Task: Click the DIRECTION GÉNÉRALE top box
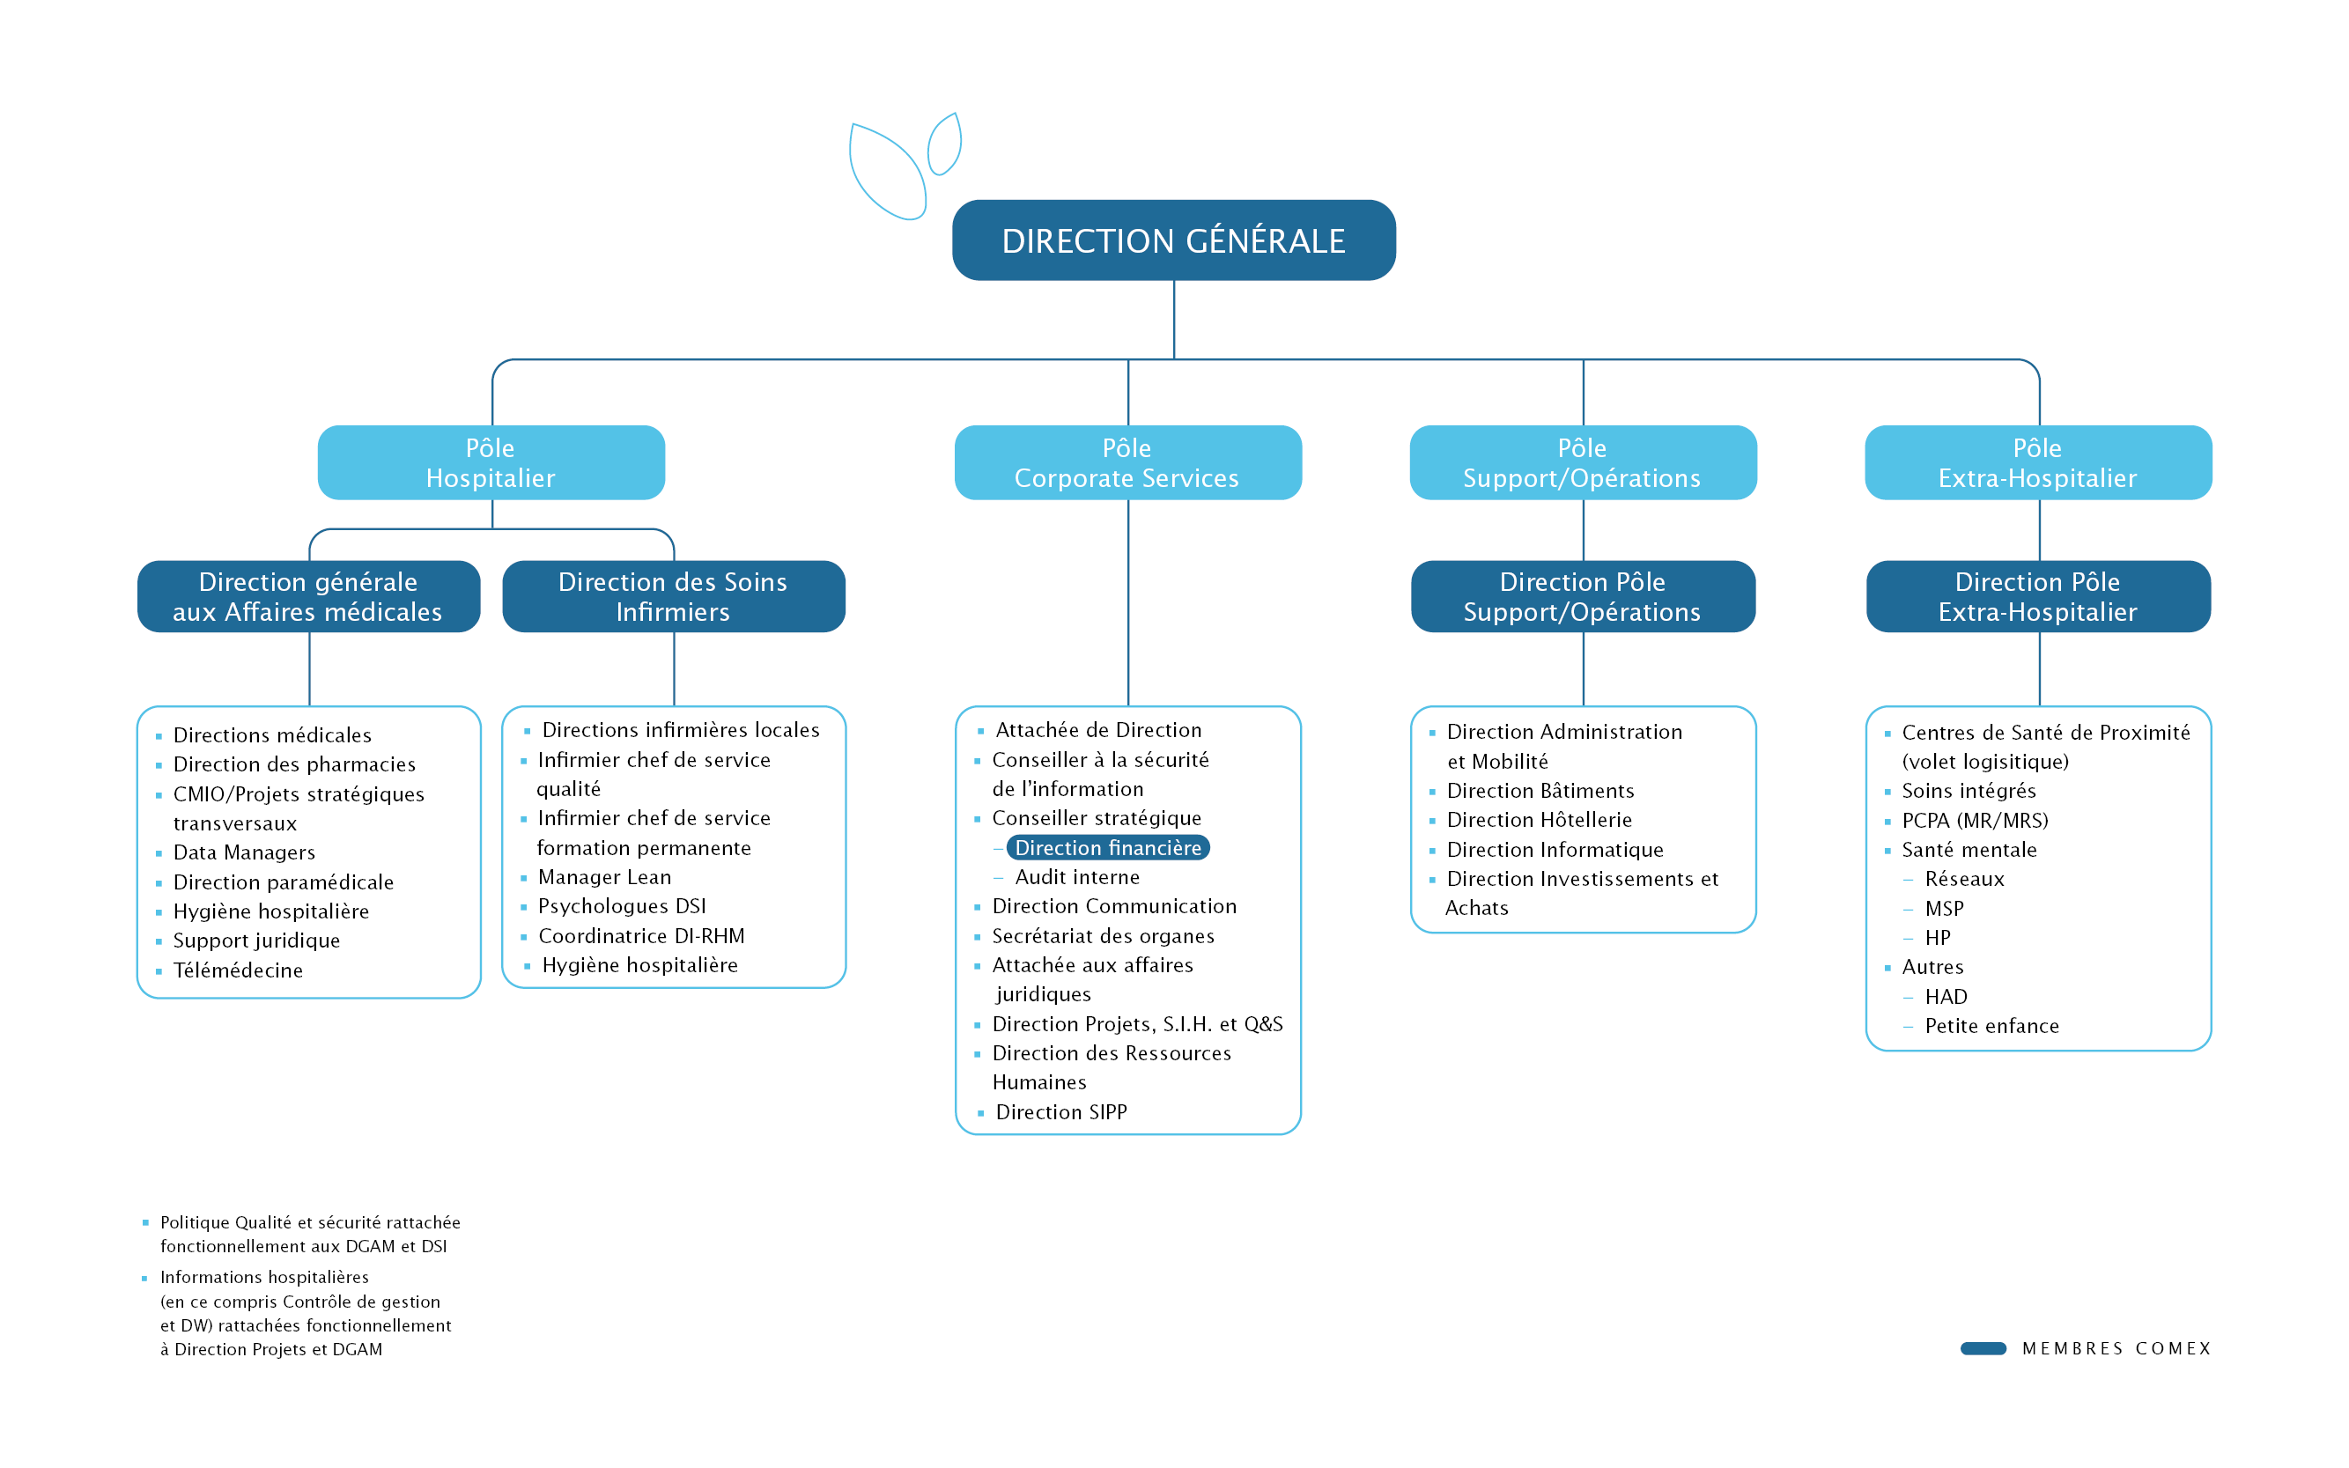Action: point(1173,240)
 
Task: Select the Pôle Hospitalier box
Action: point(491,462)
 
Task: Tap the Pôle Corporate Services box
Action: point(1127,462)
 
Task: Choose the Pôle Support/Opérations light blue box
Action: point(1583,462)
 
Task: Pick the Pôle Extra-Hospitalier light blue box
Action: point(2038,462)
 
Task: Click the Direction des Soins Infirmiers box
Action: point(673,596)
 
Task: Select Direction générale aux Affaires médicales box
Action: point(309,596)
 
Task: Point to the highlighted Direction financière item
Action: point(1108,847)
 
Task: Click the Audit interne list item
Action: point(1077,878)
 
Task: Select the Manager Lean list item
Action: point(604,878)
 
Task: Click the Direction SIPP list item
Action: point(1060,1112)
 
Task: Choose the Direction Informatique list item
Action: point(1555,851)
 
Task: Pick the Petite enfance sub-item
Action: point(1991,1026)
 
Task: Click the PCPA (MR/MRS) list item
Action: point(1976,822)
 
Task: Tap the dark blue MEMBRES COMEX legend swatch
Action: point(1983,1348)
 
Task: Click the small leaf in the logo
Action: point(945,144)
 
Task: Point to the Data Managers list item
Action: point(244,853)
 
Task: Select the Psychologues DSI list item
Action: point(622,907)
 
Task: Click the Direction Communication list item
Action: point(1114,907)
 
